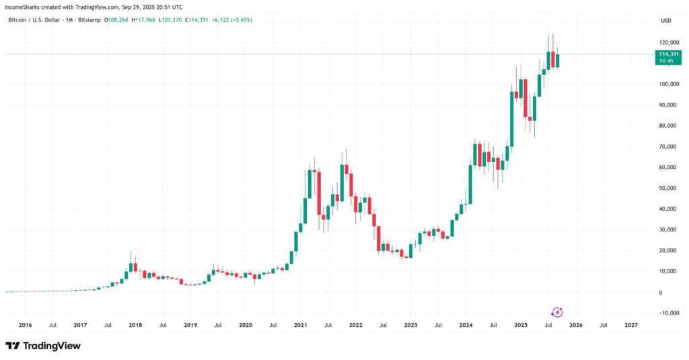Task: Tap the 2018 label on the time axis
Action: point(135,325)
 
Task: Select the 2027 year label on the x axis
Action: point(631,325)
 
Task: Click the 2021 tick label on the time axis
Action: point(301,325)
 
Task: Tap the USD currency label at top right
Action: point(665,20)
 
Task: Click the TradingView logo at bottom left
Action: point(43,346)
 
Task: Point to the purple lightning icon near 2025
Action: point(557,312)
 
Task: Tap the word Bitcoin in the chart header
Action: point(18,20)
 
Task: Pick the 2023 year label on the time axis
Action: point(410,325)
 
